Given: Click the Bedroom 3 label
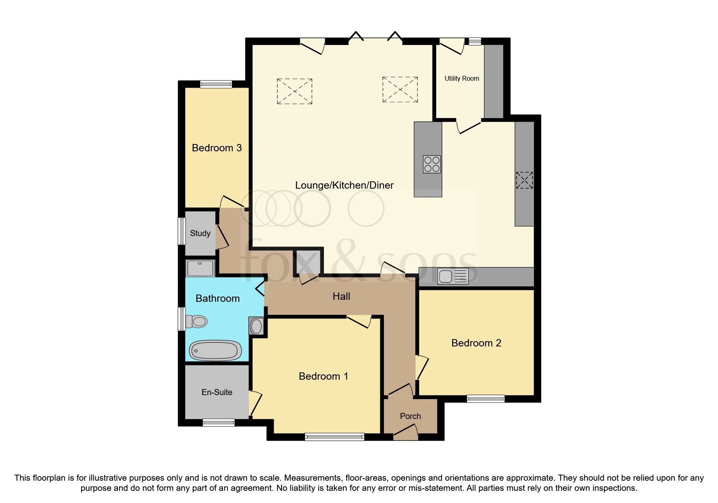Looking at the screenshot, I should (x=216, y=148).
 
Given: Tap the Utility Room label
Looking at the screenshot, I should (x=462, y=79).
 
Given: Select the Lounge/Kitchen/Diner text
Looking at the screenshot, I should (x=344, y=185).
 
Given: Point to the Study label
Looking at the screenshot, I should (x=200, y=233).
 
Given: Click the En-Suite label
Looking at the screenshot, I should (x=217, y=392).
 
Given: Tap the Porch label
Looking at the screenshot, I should (x=410, y=416).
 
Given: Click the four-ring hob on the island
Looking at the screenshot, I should (x=432, y=164).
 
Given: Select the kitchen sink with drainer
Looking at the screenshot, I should (x=453, y=276).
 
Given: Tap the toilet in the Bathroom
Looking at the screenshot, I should (x=197, y=322).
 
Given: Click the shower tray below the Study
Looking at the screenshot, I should (x=200, y=268).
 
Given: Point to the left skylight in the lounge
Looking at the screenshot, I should (x=294, y=91).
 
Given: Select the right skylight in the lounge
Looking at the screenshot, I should (x=400, y=90).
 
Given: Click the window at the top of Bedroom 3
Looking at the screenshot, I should (x=216, y=84).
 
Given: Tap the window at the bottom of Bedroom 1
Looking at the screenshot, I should (x=334, y=437).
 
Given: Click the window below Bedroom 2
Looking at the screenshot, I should (x=486, y=399).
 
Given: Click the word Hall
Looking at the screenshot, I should (x=341, y=297).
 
